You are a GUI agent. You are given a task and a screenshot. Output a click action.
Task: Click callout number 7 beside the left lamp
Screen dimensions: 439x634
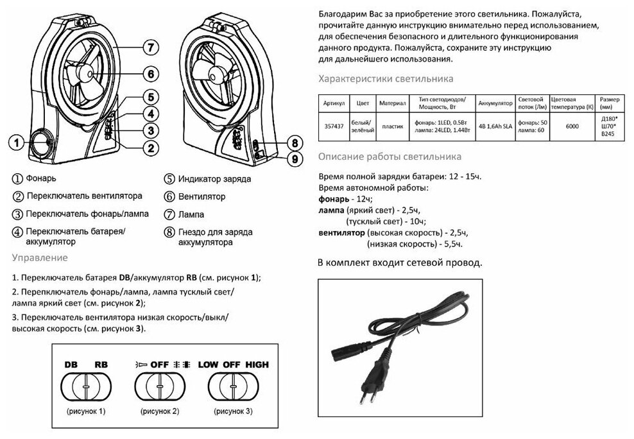pos(150,48)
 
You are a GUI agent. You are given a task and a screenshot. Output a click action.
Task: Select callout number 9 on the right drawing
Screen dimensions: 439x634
pos(293,157)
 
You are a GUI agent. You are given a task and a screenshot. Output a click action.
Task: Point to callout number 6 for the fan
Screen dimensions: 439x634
pos(150,74)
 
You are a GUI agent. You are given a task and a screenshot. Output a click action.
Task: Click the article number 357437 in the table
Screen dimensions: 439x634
pos(332,126)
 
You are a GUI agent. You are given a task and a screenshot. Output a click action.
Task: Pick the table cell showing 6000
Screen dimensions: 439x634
pos(572,126)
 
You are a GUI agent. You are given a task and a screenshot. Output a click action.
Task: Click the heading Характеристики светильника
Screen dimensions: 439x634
pos(386,79)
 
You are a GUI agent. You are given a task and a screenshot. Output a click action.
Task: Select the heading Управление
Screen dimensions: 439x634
pos(39,258)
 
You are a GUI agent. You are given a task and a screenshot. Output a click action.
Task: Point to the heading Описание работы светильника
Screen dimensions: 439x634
pos(390,157)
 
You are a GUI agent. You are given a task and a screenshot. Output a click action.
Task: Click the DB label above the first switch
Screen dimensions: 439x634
pos(70,364)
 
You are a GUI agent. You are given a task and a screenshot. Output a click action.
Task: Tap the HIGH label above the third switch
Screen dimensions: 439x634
pos(255,364)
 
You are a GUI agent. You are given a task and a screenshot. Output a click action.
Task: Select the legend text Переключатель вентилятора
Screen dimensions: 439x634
pos(84,196)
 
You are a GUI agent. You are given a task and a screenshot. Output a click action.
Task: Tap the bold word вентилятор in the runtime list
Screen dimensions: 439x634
pos(341,232)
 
